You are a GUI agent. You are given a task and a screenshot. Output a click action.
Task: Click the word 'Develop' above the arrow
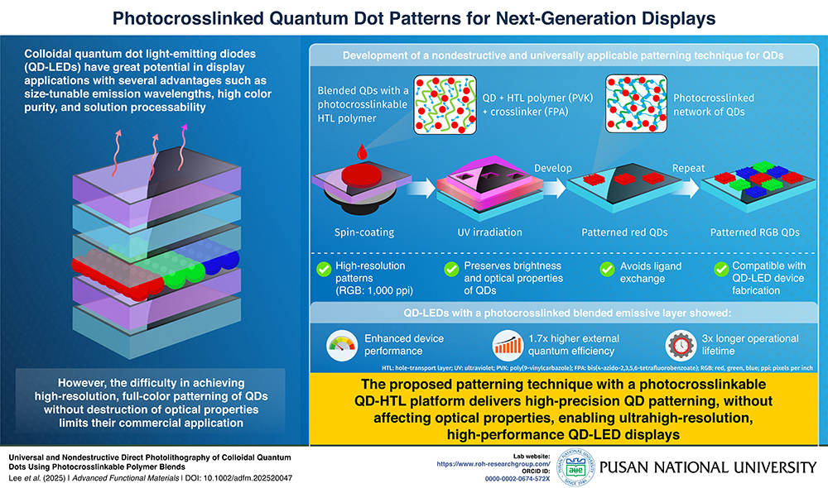tap(552, 168)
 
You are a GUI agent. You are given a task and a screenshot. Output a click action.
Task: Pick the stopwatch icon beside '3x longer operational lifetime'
tap(680, 344)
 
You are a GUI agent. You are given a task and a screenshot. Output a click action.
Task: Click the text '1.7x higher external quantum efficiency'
tap(575, 344)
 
